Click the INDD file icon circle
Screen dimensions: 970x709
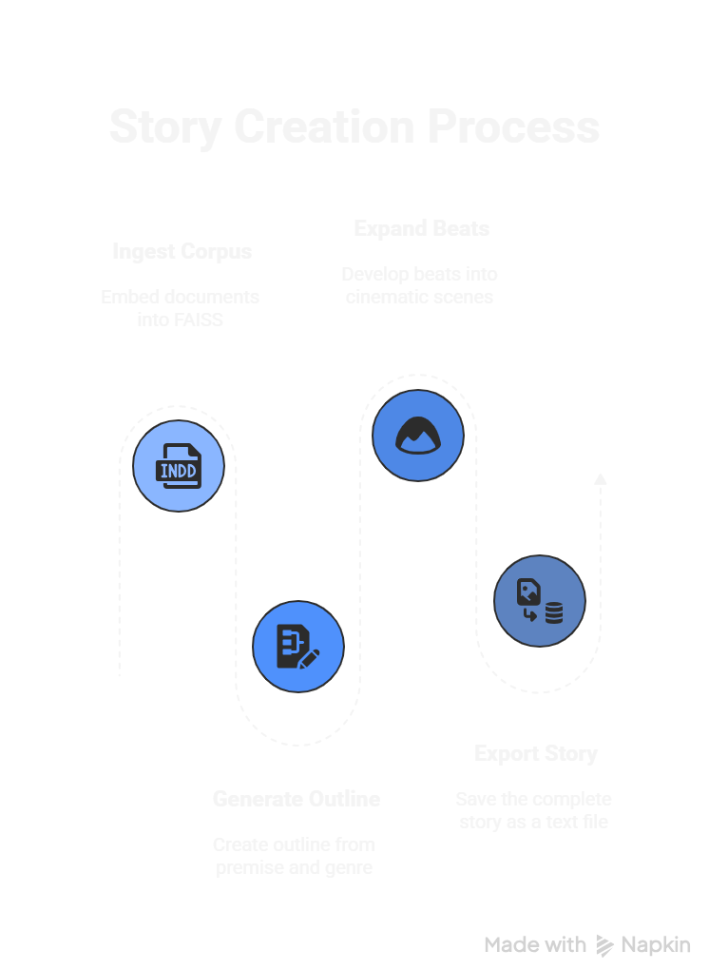[x=178, y=466]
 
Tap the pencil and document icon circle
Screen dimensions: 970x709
[x=297, y=647]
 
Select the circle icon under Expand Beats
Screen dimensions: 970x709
[x=417, y=436]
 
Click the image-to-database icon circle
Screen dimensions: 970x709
[x=539, y=601]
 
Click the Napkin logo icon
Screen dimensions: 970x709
[x=604, y=944]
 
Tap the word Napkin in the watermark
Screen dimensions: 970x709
[x=656, y=944]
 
